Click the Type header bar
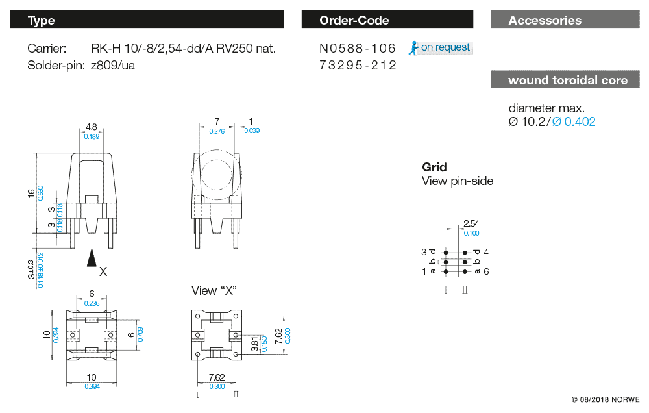[147, 19]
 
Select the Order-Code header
[387, 19]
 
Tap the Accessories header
[565, 19]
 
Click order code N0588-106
[357, 49]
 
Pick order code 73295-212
[357, 65]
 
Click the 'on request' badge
[441, 47]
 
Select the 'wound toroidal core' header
[565, 79]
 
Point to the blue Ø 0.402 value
[574, 121]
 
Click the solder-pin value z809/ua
[112, 66]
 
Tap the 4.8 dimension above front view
[92, 127]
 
